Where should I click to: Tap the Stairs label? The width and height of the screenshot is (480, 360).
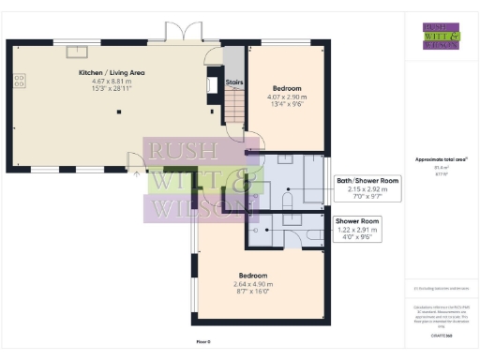pos(235,82)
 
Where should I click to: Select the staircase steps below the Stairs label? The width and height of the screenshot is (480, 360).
pos(233,109)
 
